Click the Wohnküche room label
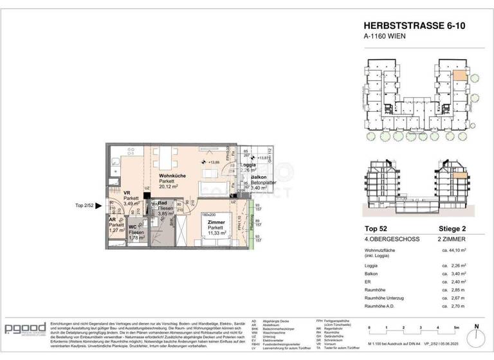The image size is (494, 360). click(173, 175)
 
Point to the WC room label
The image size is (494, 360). click(133, 226)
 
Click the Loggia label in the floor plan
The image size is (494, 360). click(248, 165)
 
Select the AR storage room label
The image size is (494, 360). click(112, 219)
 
